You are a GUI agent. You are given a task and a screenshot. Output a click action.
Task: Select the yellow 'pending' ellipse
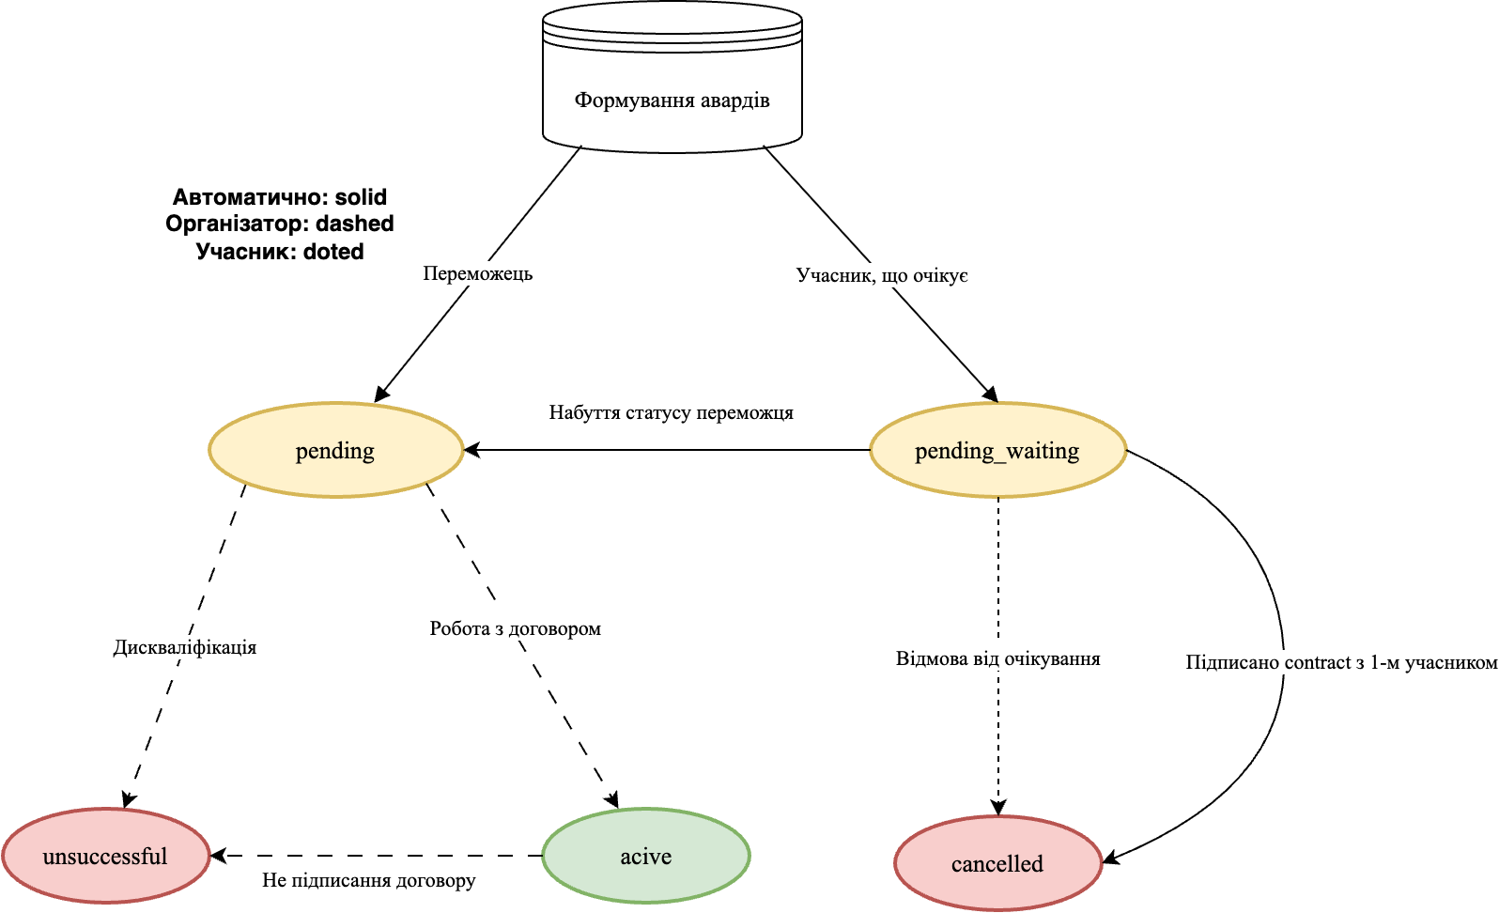(335, 451)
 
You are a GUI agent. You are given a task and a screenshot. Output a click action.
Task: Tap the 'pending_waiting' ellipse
(997, 451)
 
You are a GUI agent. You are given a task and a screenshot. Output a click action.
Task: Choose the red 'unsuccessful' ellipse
(105, 856)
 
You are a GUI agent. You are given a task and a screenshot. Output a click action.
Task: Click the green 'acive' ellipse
(646, 856)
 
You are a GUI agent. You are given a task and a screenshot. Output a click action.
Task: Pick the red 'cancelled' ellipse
(997, 863)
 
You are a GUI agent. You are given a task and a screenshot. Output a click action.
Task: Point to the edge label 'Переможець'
(477, 273)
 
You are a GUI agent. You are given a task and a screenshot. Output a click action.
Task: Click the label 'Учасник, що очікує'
(882, 275)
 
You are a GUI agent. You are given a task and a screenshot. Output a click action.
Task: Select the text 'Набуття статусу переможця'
(671, 412)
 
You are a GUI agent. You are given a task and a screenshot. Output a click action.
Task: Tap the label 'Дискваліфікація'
(185, 647)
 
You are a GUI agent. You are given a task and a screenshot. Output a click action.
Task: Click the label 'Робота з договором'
(516, 628)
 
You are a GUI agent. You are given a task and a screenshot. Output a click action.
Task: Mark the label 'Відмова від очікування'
(997, 658)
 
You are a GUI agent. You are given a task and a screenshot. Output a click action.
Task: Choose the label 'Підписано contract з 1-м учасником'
(1341, 662)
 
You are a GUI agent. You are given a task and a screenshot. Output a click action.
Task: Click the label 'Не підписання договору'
(368, 880)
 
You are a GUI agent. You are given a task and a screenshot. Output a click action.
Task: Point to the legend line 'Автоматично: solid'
(280, 197)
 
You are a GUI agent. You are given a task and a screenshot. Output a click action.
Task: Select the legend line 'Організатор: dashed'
(280, 224)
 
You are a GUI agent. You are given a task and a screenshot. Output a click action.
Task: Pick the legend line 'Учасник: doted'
(280, 252)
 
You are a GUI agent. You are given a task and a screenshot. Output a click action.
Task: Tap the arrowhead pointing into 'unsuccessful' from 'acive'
(219, 856)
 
